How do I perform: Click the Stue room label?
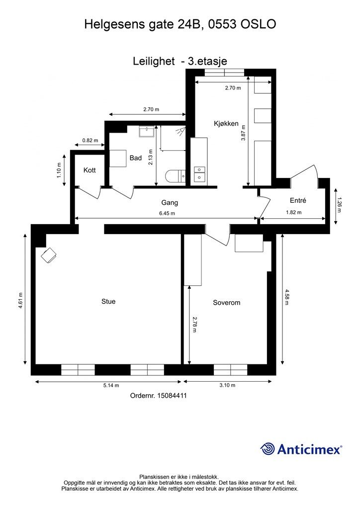click(x=108, y=302)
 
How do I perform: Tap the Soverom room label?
click(x=227, y=303)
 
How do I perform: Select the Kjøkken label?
click(x=226, y=124)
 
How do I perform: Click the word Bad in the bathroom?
click(x=136, y=158)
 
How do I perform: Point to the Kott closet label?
click(x=90, y=170)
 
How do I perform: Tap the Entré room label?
click(x=298, y=201)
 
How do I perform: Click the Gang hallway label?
click(x=170, y=203)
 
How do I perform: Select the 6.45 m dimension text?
click(x=167, y=213)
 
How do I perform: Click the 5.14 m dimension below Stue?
click(x=111, y=385)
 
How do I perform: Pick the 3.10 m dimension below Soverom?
click(x=227, y=385)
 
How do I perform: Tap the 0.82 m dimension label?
click(x=90, y=141)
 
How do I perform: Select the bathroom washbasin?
click(x=147, y=132)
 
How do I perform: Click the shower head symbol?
click(x=180, y=131)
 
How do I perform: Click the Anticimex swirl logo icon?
click(x=267, y=449)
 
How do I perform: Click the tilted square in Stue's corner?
click(x=49, y=255)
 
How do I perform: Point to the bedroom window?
click(x=231, y=370)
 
